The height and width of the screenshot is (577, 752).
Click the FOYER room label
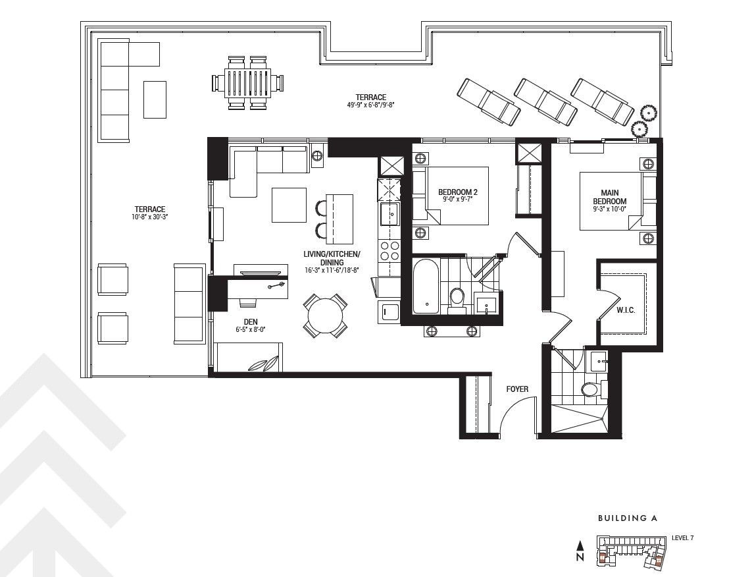517,389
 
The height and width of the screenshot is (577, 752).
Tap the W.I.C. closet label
626,311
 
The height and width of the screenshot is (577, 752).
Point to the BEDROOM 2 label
457,192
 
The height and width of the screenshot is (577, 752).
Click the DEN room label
251,321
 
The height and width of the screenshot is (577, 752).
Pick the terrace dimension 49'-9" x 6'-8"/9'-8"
370,105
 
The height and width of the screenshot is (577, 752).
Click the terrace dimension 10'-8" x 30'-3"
149,217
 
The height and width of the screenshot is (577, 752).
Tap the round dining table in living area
325,316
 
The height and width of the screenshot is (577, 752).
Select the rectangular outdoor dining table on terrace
248,82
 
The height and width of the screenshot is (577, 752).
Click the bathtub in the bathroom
426,286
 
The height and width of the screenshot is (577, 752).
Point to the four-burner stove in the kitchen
389,251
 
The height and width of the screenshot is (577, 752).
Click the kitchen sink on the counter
389,213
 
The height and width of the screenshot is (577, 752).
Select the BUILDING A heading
627,518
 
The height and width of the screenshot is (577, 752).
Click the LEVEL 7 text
682,537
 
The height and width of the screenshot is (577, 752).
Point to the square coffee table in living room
289,205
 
